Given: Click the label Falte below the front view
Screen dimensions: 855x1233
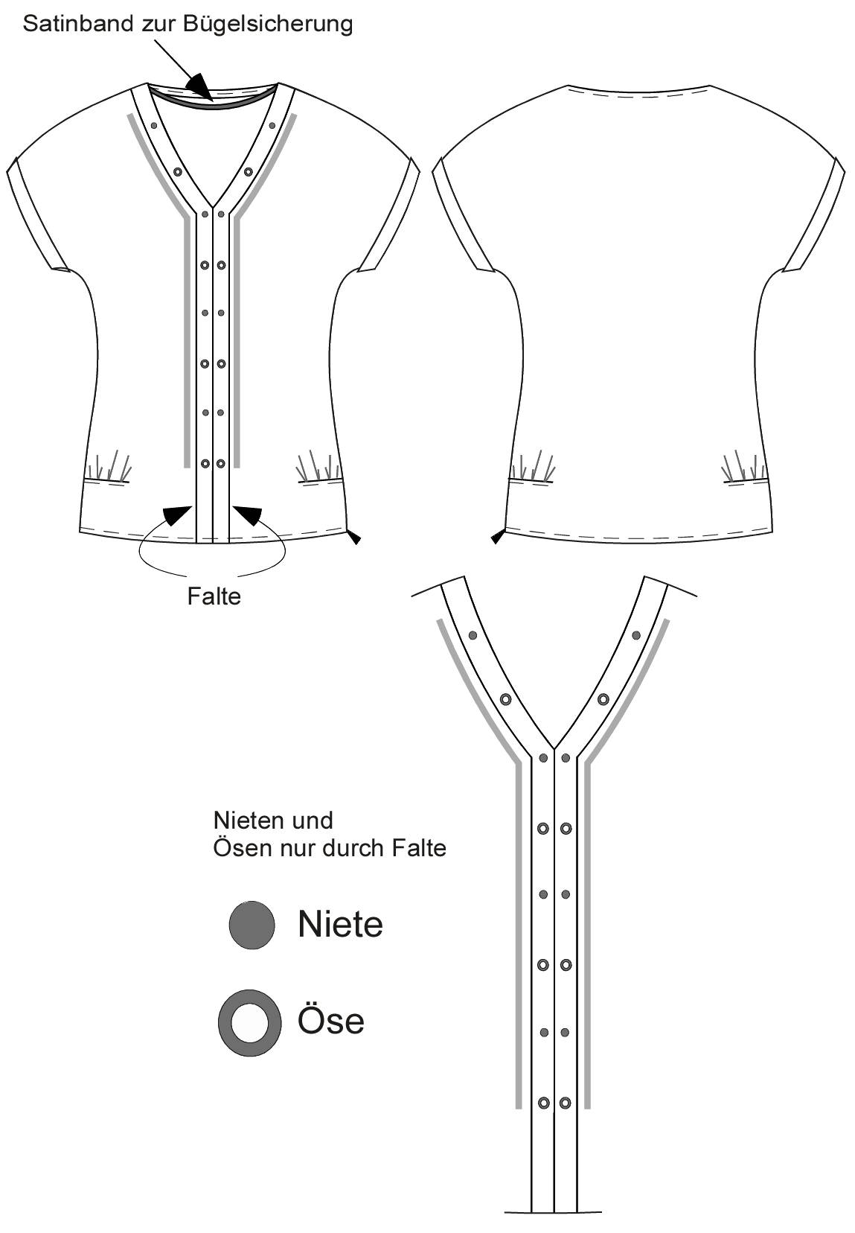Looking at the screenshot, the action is (x=214, y=596).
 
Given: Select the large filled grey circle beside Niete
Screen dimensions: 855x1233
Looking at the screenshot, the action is (x=252, y=925).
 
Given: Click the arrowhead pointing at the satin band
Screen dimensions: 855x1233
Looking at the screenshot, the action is (x=199, y=87).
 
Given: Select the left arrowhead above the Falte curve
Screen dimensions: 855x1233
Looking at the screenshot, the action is (x=177, y=515).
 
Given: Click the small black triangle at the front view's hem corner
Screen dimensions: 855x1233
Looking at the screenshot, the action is (x=355, y=538).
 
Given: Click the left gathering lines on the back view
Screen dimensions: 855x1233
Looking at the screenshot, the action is (x=532, y=467).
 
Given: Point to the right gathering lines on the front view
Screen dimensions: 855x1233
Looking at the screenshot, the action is (x=318, y=467).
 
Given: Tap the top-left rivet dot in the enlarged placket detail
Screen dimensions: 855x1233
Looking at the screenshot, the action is (x=473, y=635).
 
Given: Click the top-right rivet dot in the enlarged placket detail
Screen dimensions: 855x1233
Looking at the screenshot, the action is (x=636, y=635).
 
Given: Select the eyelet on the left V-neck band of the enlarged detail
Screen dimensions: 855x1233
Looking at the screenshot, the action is (x=505, y=700).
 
